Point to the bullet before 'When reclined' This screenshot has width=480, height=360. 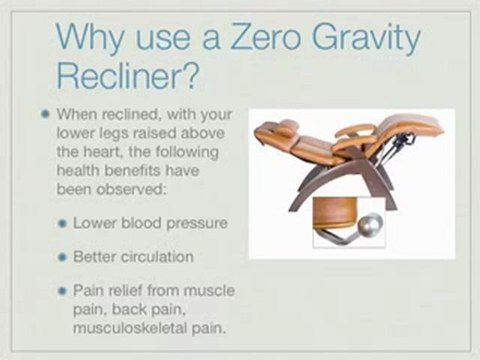point(46,113)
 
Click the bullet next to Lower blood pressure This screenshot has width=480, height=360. point(62,220)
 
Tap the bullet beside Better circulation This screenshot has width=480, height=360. point(62,256)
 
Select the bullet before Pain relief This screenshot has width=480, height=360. point(62,291)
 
